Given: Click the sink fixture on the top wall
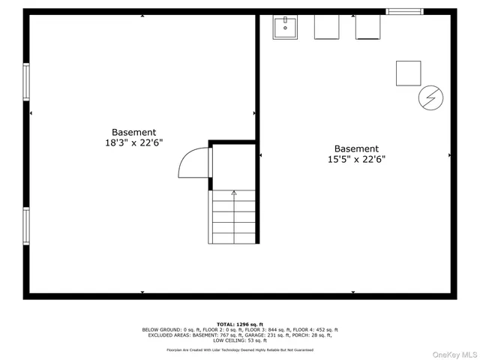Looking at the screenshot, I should click(x=285, y=28).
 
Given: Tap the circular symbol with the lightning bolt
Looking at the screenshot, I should click(x=430, y=97).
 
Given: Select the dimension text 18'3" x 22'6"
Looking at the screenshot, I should click(x=134, y=142).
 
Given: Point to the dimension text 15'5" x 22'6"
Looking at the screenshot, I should click(x=356, y=159).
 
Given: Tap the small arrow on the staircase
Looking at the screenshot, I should click(x=234, y=193).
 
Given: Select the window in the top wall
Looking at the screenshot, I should click(x=404, y=11).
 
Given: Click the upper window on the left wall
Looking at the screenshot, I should click(x=26, y=82).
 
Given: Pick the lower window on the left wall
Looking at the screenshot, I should click(x=26, y=226).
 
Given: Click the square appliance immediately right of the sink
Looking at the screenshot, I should click(x=326, y=27).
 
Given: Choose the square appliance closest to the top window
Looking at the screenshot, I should click(x=367, y=27).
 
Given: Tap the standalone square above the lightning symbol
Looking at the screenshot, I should click(x=409, y=73).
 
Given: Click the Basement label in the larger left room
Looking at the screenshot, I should click(x=134, y=132).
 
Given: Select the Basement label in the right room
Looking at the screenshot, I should click(x=356, y=148).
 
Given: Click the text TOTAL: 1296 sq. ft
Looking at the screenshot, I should click(x=239, y=323).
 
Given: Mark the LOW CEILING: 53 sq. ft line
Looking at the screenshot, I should click(x=239, y=340).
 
